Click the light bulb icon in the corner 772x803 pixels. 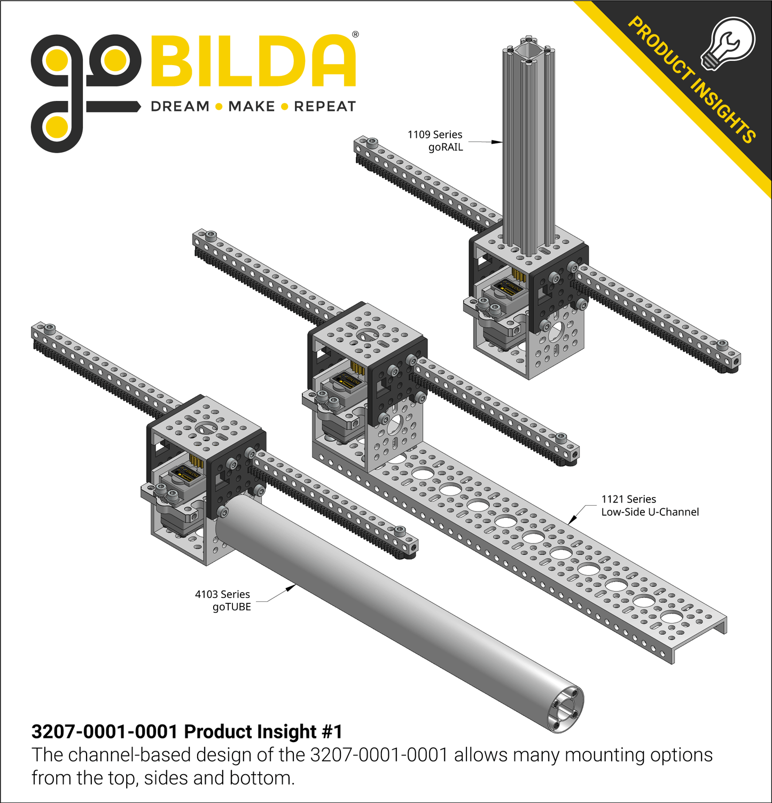click(728, 43)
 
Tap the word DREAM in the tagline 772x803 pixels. click(180, 107)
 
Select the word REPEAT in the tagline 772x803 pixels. click(325, 107)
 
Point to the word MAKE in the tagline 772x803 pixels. click(251, 107)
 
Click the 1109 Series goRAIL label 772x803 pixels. click(435, 141)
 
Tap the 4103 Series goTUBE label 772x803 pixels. click(223, 601)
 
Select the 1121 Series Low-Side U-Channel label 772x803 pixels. click(650, 506)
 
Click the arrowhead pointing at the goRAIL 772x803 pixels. click(497, 142)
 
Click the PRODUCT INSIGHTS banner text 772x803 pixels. click(691, 80)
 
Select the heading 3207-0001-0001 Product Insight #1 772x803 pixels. click(187, 731)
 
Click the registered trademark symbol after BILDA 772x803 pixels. click(355, 35)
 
